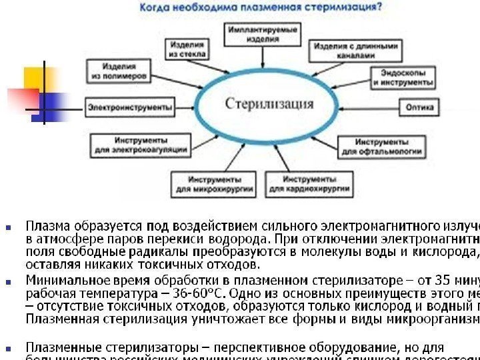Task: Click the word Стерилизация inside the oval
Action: [269, 105]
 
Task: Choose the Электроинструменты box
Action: [130, 107]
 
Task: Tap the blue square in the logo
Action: [51, 103]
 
